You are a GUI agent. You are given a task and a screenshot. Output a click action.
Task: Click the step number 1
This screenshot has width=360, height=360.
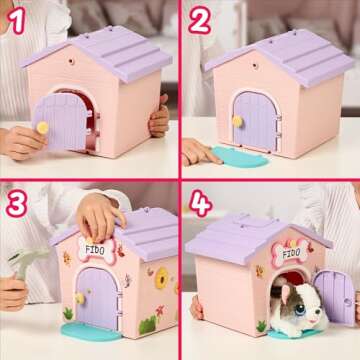(x=16, y=19)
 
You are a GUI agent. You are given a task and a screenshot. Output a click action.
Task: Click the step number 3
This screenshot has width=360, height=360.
(x=16, y=202)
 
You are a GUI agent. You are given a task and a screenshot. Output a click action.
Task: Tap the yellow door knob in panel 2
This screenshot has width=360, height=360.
(x=238, y=120)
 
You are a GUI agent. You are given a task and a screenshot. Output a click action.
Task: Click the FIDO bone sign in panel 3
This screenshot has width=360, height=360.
(x=95, y=249)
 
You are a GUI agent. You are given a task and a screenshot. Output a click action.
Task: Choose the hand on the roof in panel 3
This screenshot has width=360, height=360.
(x=100, y=214)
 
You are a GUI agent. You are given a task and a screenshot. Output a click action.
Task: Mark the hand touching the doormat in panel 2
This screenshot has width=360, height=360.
(x=197, y=151)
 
